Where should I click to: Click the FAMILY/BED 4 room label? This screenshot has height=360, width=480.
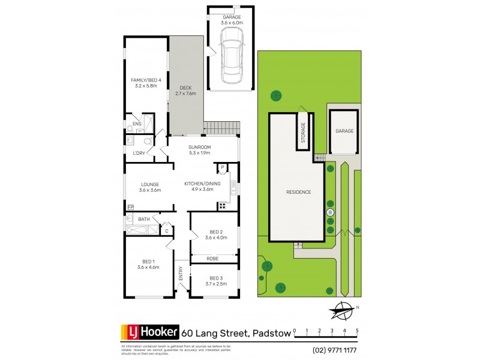pos(146,83)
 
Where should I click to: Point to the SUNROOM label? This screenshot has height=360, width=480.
pos(199,149)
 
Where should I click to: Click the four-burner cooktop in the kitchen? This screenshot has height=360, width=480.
pos(221,206)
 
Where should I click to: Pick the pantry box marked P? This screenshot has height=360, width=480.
pos(221,167)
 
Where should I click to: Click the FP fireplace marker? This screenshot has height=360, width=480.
pos(130,208)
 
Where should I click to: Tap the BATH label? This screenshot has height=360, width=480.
pos(143,219)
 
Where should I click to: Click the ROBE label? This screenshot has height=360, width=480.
pos(212,258)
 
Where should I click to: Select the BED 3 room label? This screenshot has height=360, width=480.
pos(216,281)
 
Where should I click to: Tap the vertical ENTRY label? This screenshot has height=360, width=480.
pos(181,274)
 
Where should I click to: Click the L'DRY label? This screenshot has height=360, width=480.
pos(139,153)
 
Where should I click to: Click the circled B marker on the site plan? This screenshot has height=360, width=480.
pos(329,212)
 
